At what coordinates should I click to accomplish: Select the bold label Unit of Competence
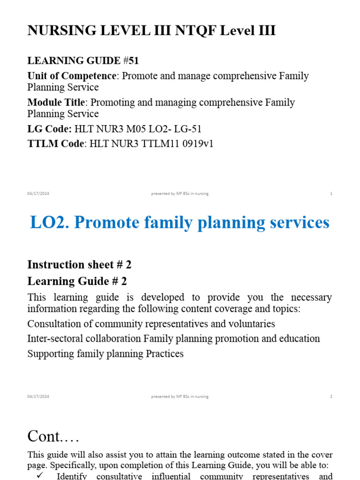71,76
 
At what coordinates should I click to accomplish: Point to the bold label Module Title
56,102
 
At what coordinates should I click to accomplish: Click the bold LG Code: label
50,129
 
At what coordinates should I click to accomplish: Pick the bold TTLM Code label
56,144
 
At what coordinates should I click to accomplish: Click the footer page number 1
331,194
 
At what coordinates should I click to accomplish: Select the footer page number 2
331,396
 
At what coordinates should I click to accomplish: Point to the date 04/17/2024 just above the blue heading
38,194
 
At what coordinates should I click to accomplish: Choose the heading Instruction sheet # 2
79,264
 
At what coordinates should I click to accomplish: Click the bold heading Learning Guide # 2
77,281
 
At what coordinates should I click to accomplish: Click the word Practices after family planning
165,353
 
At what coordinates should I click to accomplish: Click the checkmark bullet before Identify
39,476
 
